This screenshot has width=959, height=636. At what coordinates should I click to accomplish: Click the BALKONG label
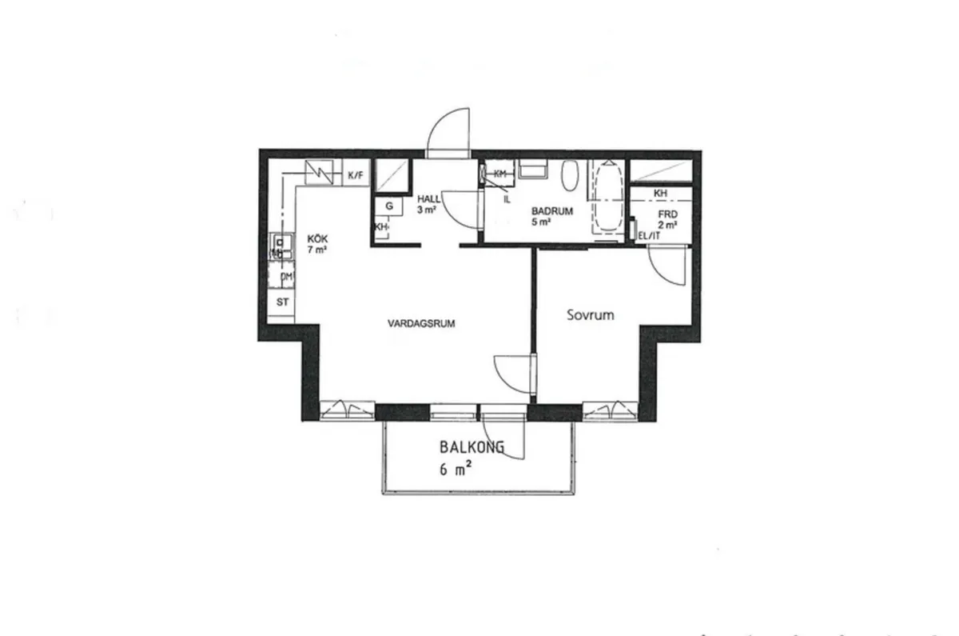(472, 448)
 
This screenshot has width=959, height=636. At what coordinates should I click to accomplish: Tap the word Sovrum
(591, 315)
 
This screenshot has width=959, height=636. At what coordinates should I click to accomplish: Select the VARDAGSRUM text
(421, 325)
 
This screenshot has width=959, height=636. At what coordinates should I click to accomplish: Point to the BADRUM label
(553, 212)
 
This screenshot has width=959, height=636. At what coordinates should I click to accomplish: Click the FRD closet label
(667, 214)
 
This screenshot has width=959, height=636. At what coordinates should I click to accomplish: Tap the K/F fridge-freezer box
(355, 174)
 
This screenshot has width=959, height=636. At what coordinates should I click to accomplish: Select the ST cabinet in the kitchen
(282, 302)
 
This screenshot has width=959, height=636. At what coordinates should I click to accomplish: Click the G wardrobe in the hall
(389, 206)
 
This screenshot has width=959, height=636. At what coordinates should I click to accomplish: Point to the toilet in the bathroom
(570, 176)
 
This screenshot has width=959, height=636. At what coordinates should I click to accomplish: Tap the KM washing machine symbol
(500, 174)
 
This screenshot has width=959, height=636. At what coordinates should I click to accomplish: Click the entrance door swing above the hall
(450, 133)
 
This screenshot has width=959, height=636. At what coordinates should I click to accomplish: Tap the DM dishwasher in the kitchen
(285, 277)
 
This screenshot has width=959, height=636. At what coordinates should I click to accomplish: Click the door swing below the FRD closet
(667, 264)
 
